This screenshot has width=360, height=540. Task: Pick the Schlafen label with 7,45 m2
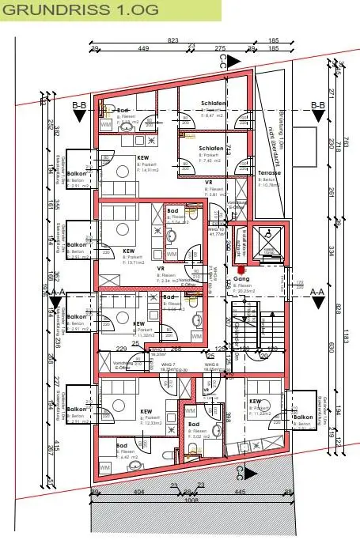(x=210, y=148)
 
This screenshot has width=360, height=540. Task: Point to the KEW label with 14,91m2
(x=143, y=158)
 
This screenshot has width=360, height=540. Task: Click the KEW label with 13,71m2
(x=127, y=251)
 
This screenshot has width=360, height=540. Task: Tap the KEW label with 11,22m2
(x=255, y=402)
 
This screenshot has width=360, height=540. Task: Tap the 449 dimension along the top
(x=144, y=48)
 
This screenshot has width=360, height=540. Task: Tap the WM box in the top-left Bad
(x=105, y=124)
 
